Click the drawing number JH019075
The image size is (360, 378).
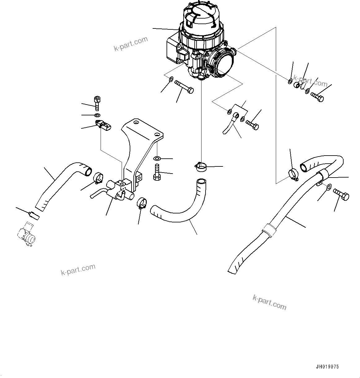coord(327,367)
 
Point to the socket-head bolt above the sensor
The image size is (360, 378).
coord(97,103)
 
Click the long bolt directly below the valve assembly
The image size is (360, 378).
coord(184,87)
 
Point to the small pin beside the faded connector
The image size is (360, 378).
coord(33,215)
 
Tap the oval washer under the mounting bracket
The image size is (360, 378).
coord(157,158)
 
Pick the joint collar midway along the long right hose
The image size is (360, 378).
coord(268,230)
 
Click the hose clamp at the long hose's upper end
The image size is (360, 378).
coord(292,174)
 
